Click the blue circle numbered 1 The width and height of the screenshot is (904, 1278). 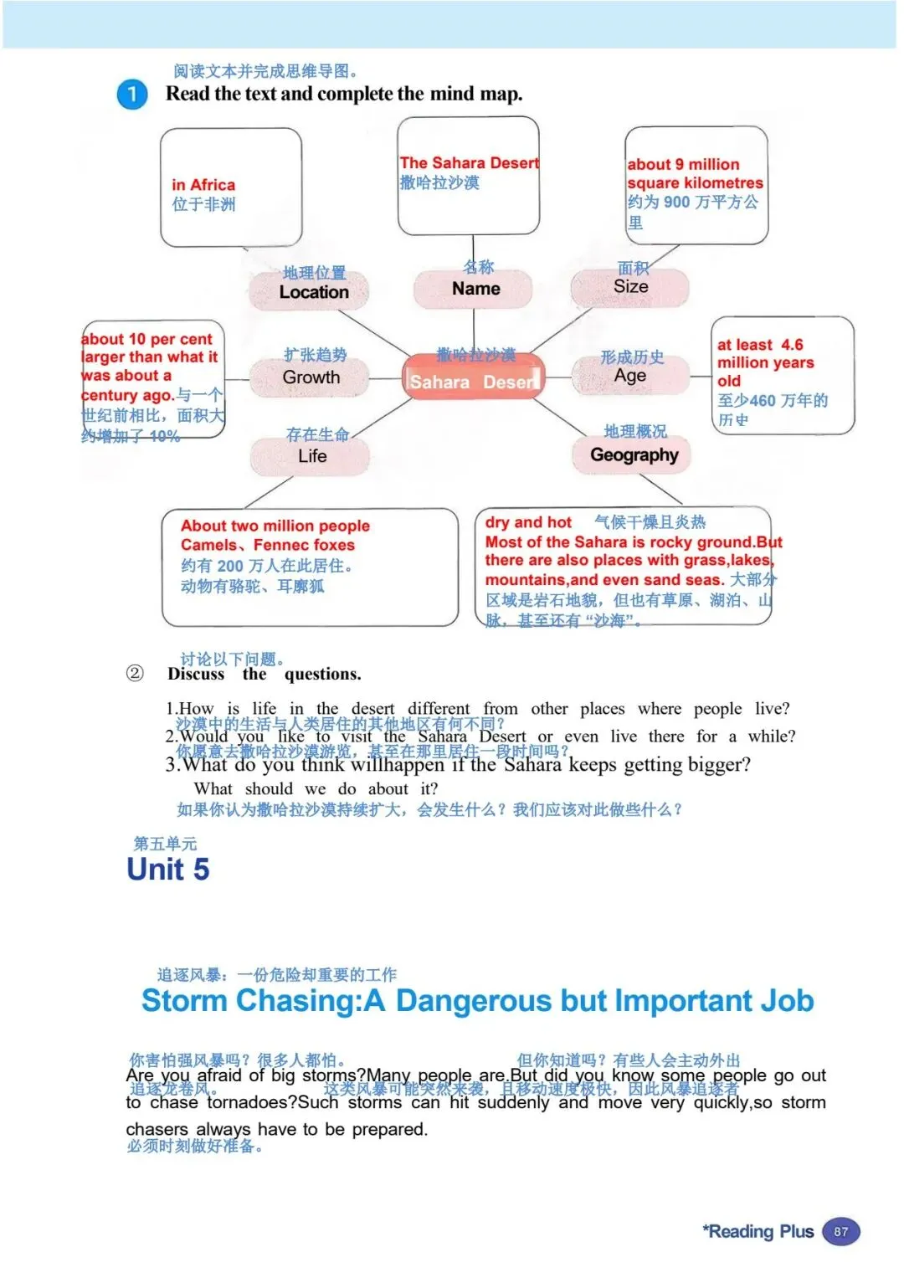tap(131, 95)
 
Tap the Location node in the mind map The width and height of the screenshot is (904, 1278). tap(314, 292)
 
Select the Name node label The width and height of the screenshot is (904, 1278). tap(475, 289)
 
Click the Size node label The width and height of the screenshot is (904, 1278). tap(630, 287)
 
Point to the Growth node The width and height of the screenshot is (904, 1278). tap(311, 377)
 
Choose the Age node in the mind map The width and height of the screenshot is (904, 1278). tap(629, 376)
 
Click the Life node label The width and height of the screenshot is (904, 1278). tap(312, 456)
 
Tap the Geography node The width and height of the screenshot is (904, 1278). tap(634, 455)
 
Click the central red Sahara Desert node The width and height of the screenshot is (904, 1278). tap(473, 382)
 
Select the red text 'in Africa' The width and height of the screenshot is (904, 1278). tap(203, 185)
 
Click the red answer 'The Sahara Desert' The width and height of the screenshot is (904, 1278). tap(469, 163)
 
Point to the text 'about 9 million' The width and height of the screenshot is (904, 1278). tap(683, 165)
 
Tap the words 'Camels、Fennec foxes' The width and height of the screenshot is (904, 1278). tap(267, 545)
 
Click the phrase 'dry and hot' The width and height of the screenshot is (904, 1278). tap(528, 523)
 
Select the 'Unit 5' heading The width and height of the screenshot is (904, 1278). tap(167, 870)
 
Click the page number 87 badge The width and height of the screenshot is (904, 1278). tap(840, 1232)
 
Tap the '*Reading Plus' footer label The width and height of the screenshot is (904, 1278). tap(758, 1232)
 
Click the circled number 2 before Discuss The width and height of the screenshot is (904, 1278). tap(134, 674)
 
